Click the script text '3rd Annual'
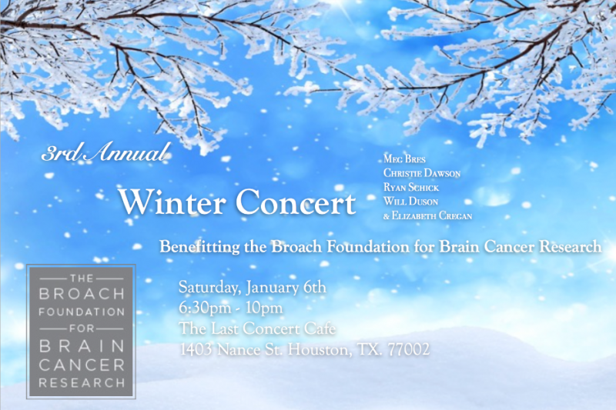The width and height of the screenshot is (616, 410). (105, 152)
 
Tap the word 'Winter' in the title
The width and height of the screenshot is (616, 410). (172, 202)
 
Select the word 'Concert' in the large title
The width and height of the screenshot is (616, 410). (296, 202)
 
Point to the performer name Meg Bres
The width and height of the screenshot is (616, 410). (404, 159)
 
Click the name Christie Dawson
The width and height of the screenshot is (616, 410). (422, 173)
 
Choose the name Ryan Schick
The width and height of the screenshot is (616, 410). (411, 187)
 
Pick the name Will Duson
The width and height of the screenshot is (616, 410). (410, 202)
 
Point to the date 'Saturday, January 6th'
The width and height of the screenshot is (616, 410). (253, 288)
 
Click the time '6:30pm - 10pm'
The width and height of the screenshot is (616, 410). (230, 308)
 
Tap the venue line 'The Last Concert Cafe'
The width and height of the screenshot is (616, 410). (257, 328)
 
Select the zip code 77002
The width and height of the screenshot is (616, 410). (409, 349)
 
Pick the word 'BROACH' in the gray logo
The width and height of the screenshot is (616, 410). (82, 294)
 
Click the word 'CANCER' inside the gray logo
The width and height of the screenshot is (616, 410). (82, 365)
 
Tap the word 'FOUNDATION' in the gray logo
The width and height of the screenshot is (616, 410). (82, 312)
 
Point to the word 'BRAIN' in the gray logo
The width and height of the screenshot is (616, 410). (82, 346)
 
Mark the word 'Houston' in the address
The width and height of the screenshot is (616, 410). (320, 349)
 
